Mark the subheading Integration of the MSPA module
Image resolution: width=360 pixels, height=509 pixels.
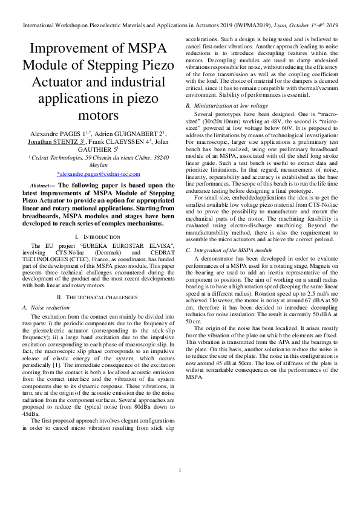click(229, 250)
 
